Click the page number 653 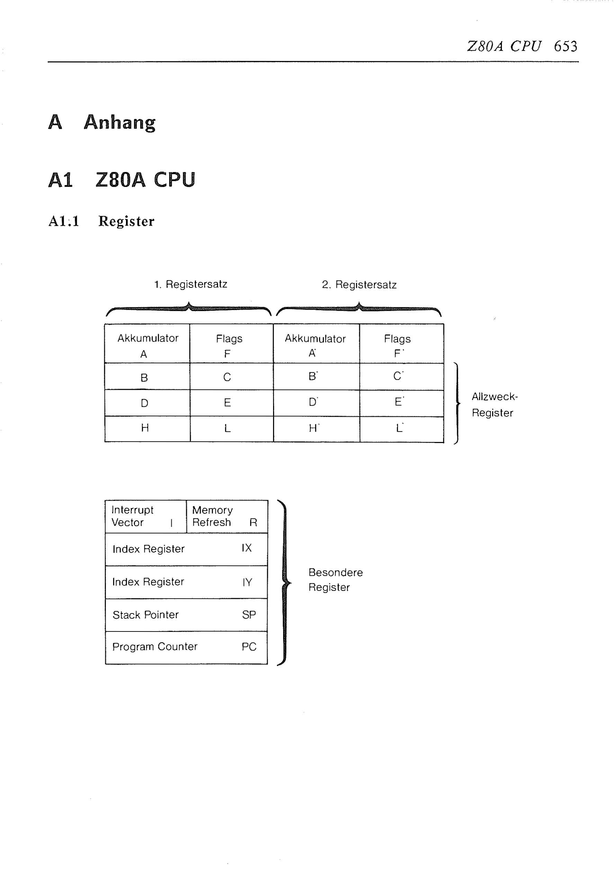point(565,46)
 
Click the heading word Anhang point(120,122)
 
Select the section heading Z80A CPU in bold point(145,179)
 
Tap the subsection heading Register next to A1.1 point(126,221)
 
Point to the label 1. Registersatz point(191,284)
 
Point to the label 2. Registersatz point(359,285)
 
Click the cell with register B point(147,376)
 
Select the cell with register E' point(402,403)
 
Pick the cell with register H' point(317,429)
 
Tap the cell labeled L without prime point(232,429)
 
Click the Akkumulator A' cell point(316,343)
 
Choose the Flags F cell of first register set point(231,343)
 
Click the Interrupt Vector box point(145,516)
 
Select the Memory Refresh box point(227,516)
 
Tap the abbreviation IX point(246,548)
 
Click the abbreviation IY point(247,582)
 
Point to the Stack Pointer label point(145,615)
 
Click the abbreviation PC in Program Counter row point(249,647)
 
